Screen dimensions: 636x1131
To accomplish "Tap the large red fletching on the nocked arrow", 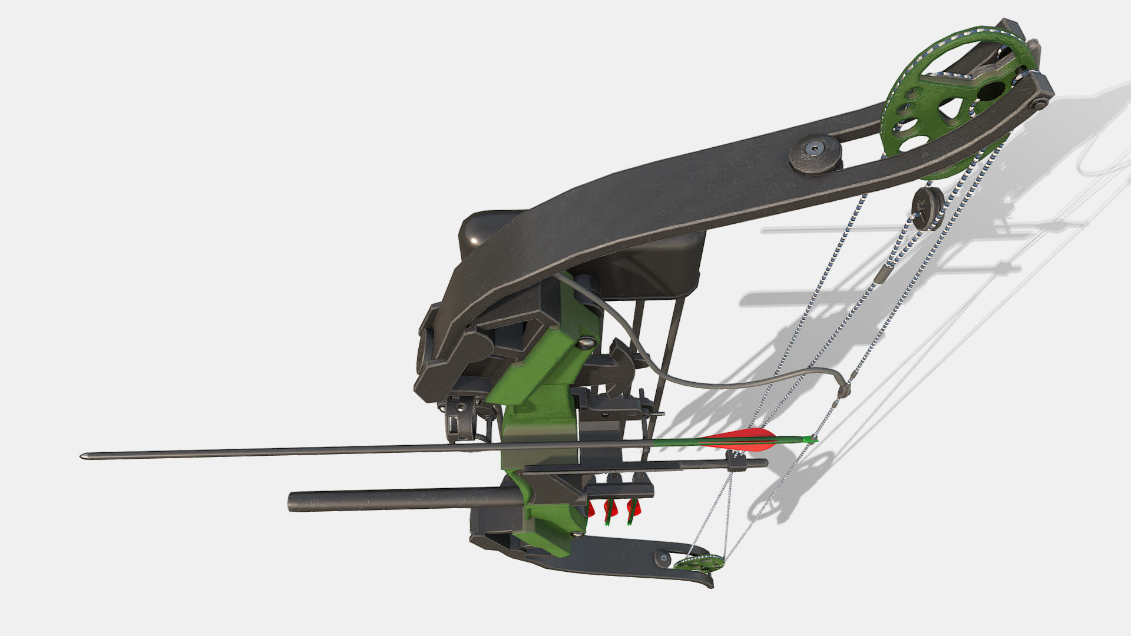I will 742,437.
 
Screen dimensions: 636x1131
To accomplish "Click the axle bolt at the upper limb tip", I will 1039,104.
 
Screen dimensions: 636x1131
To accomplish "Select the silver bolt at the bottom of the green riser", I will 578,534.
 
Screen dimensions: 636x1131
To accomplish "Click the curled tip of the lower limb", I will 709,582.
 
